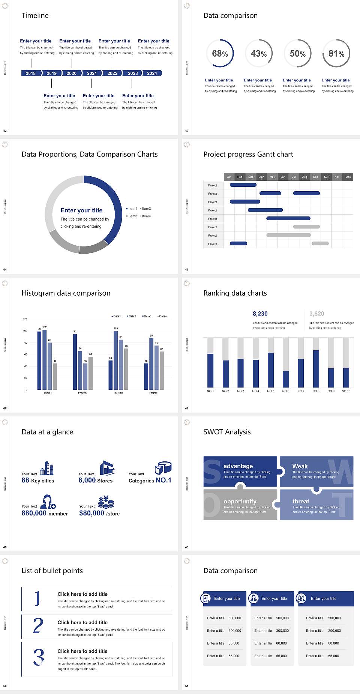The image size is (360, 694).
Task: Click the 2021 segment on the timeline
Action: (92, 73)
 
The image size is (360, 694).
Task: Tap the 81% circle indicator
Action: (336, 54)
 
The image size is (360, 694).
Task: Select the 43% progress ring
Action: (258, 54)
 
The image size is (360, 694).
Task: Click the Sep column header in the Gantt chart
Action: (315, 177)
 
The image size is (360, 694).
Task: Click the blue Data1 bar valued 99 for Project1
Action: (39, 360)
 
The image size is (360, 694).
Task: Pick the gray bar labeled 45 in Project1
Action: (55, 376)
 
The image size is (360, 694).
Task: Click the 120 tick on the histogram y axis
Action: (25, 319)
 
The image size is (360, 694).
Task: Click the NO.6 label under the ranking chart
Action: (286, 391)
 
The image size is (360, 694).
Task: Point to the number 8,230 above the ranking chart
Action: (260, 314)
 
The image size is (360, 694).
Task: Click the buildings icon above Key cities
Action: (47, 468)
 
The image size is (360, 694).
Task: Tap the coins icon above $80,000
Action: (106, 502)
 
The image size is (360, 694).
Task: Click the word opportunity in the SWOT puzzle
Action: (240, 502)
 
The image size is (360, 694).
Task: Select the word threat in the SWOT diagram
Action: (301, 502)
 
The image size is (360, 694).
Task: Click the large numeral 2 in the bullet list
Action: (38, 626)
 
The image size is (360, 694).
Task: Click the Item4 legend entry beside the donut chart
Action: (145, 216)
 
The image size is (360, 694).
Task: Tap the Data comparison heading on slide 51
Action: (230, 571)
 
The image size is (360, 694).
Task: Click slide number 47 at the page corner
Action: (187, 408)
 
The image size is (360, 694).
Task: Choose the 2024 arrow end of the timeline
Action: (152, 73)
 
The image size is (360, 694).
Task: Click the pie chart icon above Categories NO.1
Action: (163, 467)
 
